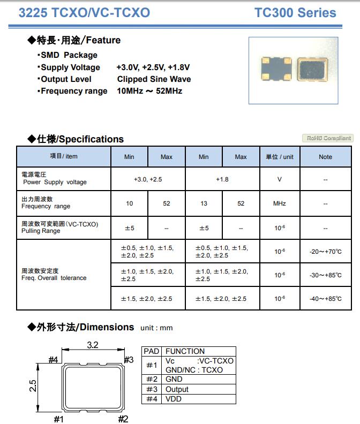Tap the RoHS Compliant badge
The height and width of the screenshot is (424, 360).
327,138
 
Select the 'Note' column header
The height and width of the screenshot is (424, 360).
325,157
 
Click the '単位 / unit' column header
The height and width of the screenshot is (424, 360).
280,157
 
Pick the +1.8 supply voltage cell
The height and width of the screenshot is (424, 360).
222,179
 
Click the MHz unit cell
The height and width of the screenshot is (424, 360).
280,203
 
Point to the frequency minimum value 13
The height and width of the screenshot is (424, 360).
204,203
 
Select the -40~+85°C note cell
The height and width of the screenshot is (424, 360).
325,298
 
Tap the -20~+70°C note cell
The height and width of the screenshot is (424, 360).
325,251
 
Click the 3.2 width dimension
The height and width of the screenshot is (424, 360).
93,345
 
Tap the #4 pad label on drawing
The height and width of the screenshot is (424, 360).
53,360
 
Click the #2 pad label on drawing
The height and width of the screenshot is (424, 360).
123,419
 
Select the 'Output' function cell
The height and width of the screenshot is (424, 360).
177,389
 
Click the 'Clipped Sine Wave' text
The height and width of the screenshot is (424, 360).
154,79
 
